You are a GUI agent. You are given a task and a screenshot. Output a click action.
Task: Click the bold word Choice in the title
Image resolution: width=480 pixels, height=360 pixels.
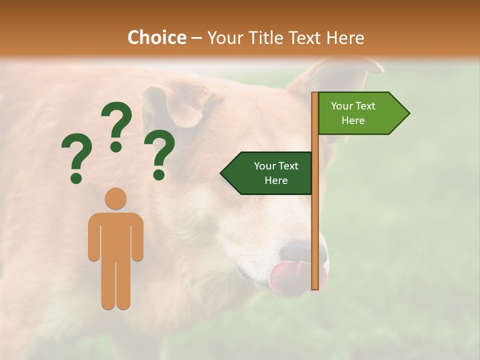click(156, 37)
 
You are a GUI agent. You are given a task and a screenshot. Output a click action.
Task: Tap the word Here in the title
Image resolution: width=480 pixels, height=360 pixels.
click(345, 37)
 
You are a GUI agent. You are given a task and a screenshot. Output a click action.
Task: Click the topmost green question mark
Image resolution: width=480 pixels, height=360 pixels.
click(116, 125)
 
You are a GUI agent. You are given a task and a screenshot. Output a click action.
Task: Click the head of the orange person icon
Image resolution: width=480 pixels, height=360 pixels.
click(115, 198)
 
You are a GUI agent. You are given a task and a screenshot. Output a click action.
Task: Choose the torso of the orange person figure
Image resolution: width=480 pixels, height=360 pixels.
click(115, 235)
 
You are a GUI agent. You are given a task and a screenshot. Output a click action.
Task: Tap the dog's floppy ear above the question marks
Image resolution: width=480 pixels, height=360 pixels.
click(175, 105)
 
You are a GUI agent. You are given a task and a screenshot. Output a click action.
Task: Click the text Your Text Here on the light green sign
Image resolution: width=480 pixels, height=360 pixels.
click(353, 113)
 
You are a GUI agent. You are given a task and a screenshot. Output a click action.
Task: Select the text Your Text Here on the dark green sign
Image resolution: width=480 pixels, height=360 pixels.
click(275, 173)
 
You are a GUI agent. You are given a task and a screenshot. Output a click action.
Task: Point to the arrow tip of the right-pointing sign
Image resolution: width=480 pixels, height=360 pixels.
click(407, 113)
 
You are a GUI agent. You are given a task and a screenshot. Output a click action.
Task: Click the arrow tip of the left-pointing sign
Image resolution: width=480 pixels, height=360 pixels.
click(223, 173)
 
